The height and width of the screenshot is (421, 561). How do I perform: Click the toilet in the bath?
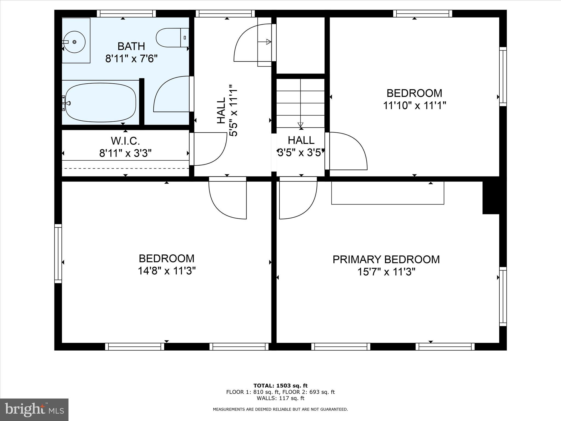click(x=173, y=38)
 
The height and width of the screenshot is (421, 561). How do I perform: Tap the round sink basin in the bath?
click(x=74, y=42)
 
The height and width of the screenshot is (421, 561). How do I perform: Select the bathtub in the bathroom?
click(x=101, y=103)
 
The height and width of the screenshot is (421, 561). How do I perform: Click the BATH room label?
click(x=131, y=46)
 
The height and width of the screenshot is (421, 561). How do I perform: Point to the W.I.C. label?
click(x=125, y=141)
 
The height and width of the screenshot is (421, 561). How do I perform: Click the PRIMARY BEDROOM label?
click(x=386, y=260)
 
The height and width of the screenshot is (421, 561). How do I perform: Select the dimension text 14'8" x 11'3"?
click(x=167, y=271)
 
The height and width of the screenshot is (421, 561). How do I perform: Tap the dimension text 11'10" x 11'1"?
click(x=414, y=106)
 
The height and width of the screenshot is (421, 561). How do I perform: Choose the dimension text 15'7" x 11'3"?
click(x=386, y=272)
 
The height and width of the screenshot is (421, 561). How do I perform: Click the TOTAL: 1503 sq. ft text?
click(x=280, y=386)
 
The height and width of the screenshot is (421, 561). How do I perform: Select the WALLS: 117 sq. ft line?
click(x=280, y=398)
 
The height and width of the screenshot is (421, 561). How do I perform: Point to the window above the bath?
click(x=126, y=13)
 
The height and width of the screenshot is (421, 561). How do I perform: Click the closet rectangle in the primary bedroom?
click(x=388, y=193)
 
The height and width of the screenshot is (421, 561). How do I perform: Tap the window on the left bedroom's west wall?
click(x=58, y=254)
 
